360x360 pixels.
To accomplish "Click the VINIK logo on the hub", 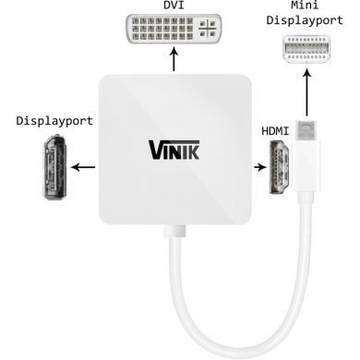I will [173, 148].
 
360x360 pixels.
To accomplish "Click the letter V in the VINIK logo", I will [153, 148].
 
